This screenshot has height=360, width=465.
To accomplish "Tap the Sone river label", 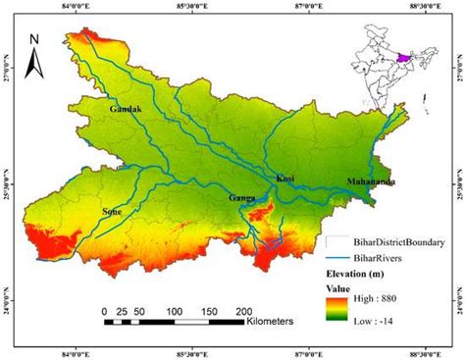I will tap(118, 210).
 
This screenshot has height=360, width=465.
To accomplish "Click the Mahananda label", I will tap(372, 181).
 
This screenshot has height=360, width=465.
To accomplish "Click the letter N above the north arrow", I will tap(32, 40).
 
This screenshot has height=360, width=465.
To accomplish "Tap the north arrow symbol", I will tap(32, 64).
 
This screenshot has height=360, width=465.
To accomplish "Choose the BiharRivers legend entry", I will tap(373, 257).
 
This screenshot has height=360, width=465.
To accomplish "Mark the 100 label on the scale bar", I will tap(174, 311).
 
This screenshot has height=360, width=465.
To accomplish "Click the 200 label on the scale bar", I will tap(243, 311).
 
